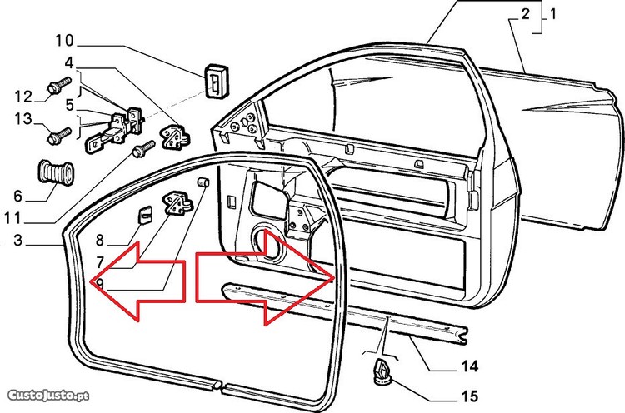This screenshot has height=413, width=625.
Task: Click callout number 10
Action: click(64, 39)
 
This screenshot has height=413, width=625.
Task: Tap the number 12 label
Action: click(22, 95)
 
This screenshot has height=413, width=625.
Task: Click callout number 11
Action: click(12, 221)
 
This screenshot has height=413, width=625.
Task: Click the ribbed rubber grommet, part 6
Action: click(54, 172)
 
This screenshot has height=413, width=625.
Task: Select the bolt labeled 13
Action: click(58, 132)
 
